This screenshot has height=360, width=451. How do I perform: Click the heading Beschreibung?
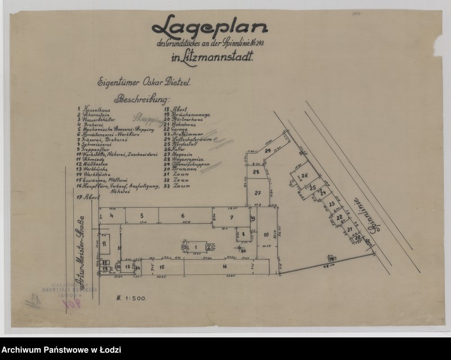[x=140, y=99]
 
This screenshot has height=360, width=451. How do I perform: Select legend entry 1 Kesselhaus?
[x=92, y=108]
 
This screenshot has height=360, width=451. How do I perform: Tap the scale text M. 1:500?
[x=131, y=297]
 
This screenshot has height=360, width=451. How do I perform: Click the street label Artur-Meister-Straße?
[x=80, y=243]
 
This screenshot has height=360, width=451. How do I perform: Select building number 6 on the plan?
[x=183, y=216]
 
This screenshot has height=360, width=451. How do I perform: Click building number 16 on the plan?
[x=224, y=266]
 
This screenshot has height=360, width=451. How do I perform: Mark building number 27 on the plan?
[x=257, y=193]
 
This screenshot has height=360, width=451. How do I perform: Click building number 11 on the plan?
[x=104, y=243]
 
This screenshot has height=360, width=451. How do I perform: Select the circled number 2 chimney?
[x=209, y=246]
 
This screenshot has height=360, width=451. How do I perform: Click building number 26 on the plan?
[x=304, y=176]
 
